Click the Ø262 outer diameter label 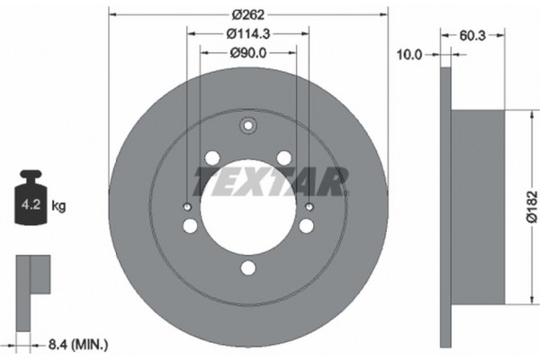[247, 13]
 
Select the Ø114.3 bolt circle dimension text [247, 33]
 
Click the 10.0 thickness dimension [410, 54]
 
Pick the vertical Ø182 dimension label [530, 207]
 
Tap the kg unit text [58, 206]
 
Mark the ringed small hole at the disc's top [247, 127]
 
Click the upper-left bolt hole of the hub [212, 158]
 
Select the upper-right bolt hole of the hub [283, 158]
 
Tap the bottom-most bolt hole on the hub [247, 267]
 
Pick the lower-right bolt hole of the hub [308, 224]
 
